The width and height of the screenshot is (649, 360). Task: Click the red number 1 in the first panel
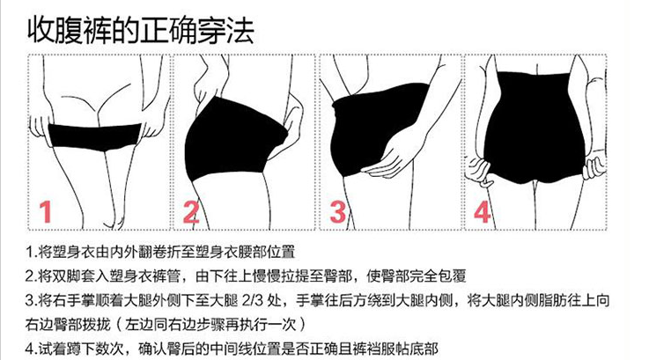(46, 211)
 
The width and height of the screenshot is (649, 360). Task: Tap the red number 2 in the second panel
(191, 211)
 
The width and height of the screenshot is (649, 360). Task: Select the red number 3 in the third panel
(337, 211)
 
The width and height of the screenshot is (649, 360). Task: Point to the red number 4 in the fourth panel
(483, 211)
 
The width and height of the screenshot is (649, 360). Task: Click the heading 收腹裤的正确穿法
(140, 30)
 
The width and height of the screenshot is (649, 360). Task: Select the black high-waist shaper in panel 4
(535, 128)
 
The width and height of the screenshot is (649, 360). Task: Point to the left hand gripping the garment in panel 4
(479, 171)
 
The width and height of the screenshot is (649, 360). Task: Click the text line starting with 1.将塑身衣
(160, 252)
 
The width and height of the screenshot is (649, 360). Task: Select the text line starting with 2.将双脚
(246, 276)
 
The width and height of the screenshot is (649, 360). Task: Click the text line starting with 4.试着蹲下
(232, 349)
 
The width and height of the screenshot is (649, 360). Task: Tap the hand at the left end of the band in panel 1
(41, 129)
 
